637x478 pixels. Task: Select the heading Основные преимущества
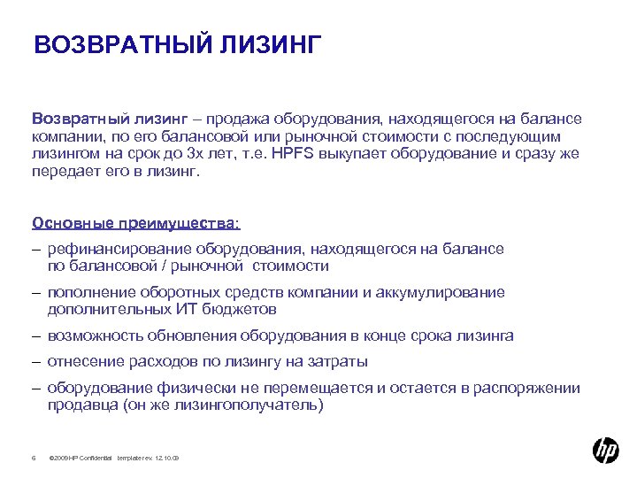(x=135, y=222)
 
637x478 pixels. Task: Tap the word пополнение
(x=85, y=293)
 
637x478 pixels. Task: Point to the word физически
(x=177, y=388)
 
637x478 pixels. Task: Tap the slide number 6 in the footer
(x=33, y=457)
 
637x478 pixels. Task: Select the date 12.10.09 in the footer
(x=166, y=457)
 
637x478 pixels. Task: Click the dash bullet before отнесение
(x=36, y=361)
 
